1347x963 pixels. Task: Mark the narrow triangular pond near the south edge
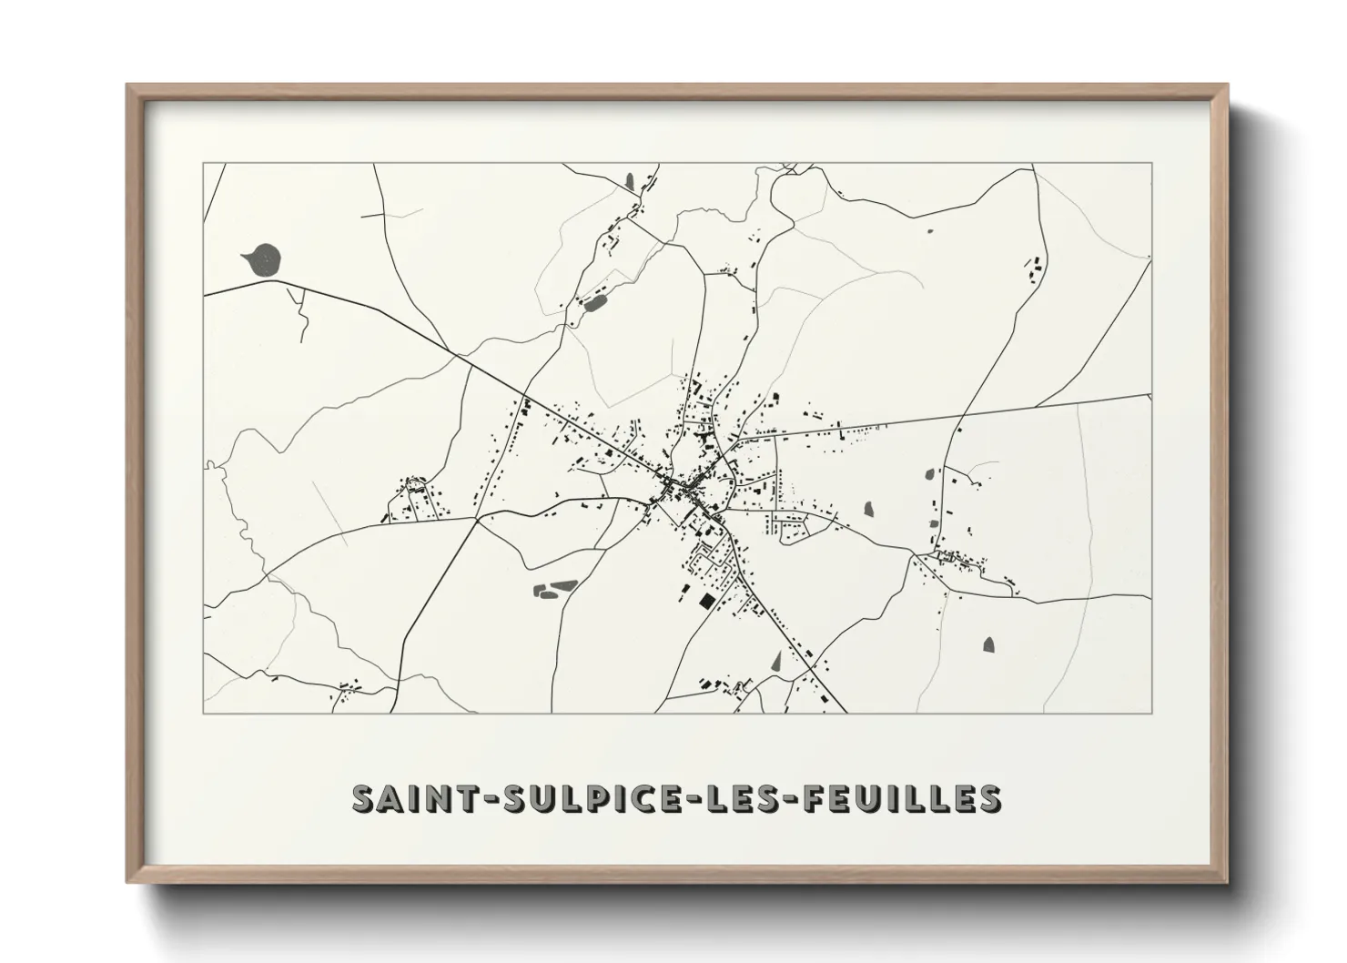coord(776,662)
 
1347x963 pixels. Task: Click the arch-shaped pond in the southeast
coord(989,644)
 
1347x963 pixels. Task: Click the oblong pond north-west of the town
coord(594,301)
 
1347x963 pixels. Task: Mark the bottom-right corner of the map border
coord(1151,713)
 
